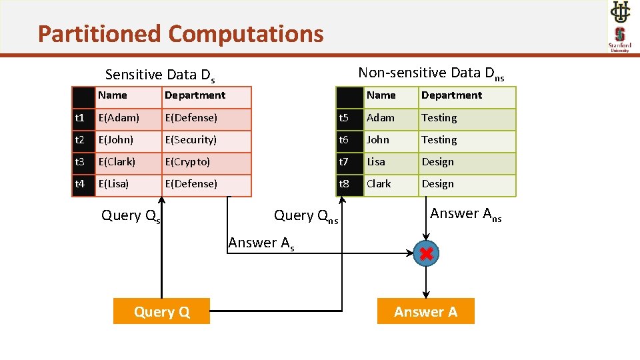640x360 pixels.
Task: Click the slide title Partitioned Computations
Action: (x=181, y=33)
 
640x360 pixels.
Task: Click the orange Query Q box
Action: (x=161, y=311)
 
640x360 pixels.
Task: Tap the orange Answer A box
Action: (x=425, y=311)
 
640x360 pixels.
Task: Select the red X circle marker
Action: (x=426, y=253)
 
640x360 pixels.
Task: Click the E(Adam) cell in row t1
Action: (x=119, y=118)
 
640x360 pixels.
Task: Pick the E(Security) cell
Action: (x=191, y=140)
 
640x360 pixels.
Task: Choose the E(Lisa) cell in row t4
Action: (x=114, y=184)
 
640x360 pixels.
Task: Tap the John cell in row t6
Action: (x=378, y=140)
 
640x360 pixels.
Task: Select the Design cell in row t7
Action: (x=438, y=162)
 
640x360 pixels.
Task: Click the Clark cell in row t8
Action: (x=379, y=184)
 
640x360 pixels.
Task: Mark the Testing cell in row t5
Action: (x=439, y=118)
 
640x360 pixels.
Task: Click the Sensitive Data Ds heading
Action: (x=160, y=75)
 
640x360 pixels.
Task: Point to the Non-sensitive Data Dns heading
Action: (x=431, y=73)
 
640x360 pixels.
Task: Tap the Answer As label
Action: (x=261, y=243)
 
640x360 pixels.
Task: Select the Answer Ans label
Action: (x=465, y=214)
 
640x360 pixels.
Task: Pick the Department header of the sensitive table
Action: (x=195, y=95)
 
